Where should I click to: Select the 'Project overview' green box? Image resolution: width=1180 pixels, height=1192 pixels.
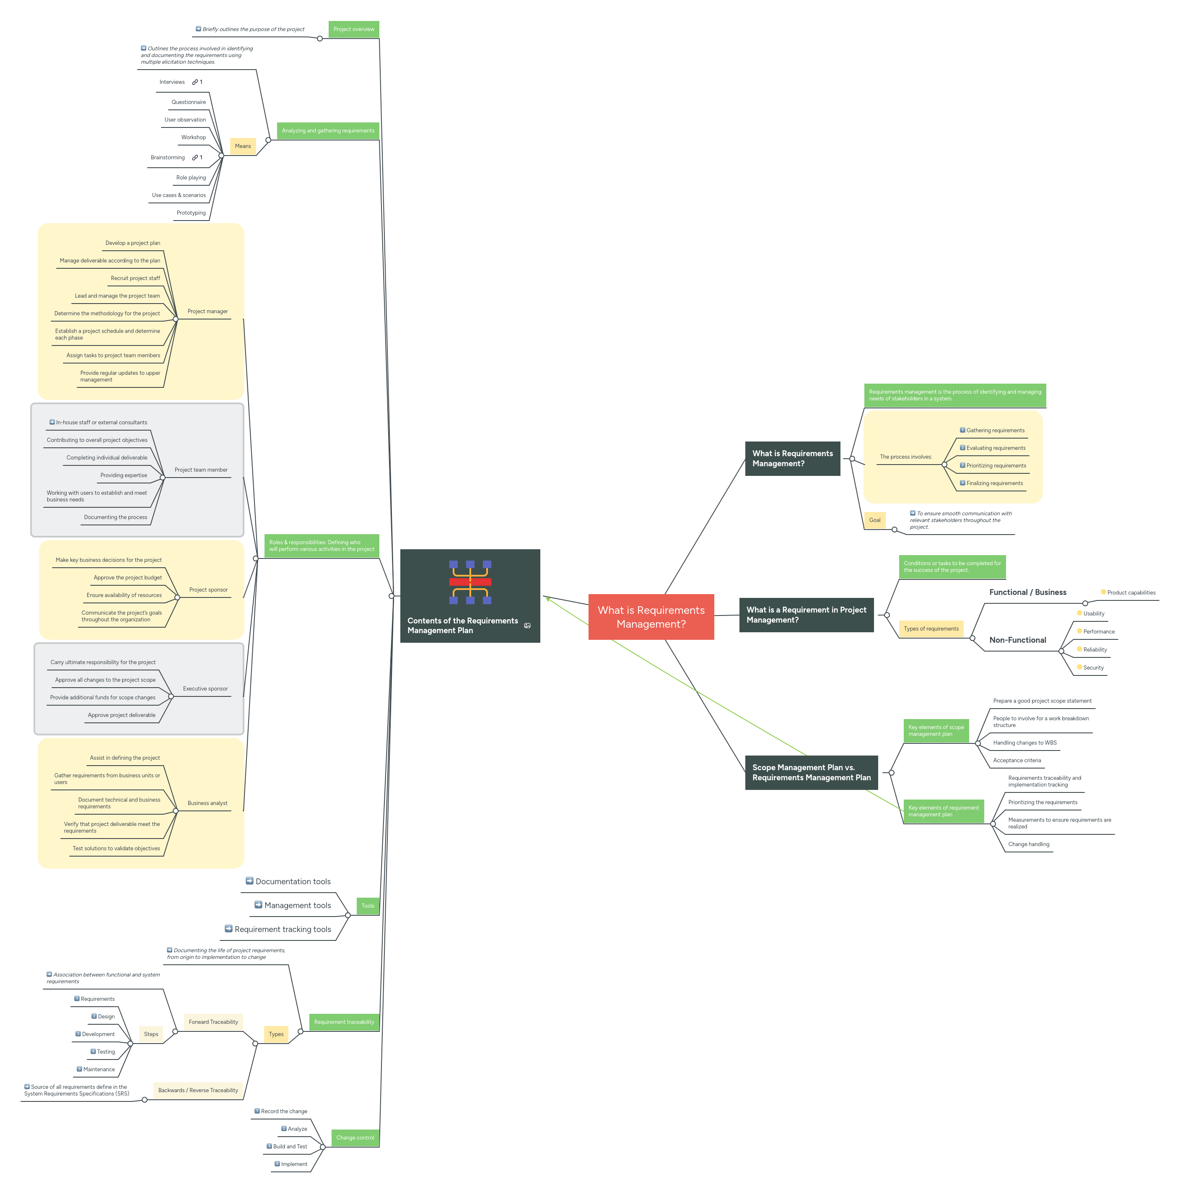pos(353,29)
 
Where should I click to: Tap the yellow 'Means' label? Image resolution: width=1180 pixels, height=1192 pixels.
pos(242,146)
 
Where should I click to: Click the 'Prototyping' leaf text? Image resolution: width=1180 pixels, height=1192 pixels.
pos(191,213)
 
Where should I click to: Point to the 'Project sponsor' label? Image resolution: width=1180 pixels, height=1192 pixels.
pos(208,590)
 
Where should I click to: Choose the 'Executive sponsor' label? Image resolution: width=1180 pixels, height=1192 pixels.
pos(205,688)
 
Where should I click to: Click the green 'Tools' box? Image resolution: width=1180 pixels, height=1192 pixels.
pos(368,906)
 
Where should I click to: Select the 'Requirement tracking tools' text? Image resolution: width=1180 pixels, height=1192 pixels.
pos(283,929)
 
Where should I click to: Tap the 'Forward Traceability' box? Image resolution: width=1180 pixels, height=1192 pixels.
pos(213,1022)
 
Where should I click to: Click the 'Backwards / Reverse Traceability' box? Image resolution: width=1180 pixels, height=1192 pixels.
pos(197,1090)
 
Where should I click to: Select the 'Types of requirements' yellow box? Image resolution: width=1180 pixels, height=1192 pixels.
pos(931,628)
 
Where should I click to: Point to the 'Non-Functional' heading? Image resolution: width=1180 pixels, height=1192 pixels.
pos(1017,640)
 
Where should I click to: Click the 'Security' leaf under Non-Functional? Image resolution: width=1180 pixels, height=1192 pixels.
pos(1093,667)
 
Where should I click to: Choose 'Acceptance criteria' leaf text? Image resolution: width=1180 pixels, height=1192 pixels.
pos(1017,760)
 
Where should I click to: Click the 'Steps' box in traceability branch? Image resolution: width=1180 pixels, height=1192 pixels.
pos(151,1034)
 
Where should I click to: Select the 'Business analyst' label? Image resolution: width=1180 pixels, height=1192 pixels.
pos(207,803)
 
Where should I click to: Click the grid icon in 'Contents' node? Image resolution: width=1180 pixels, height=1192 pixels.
pos(470,582)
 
